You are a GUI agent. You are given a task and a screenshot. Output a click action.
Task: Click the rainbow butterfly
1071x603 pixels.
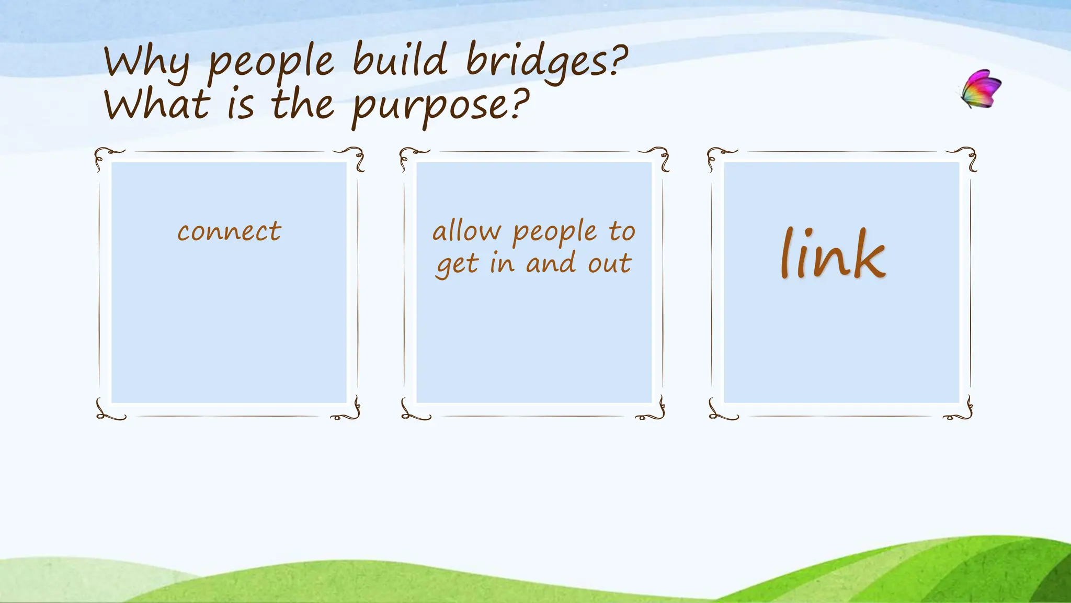[982, 89]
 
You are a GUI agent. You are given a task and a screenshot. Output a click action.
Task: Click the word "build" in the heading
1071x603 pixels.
[400, 59]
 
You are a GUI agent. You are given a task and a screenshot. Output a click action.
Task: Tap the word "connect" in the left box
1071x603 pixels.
[229, 231]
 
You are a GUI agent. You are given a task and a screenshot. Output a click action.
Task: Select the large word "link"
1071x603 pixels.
[833, 254]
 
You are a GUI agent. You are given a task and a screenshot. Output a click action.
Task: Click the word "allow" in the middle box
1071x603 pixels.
[466, 231]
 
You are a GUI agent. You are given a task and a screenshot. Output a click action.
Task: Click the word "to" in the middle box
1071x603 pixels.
[622, 231]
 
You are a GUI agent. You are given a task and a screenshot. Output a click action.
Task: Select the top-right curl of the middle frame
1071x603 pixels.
[658, 157]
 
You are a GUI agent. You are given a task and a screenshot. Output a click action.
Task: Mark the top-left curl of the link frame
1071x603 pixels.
[719, 157]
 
